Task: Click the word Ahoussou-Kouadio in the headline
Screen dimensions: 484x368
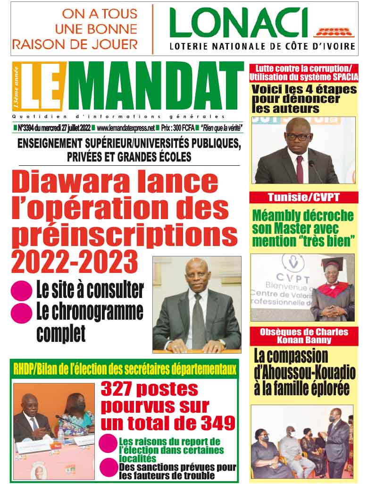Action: [x=304, y=373]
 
